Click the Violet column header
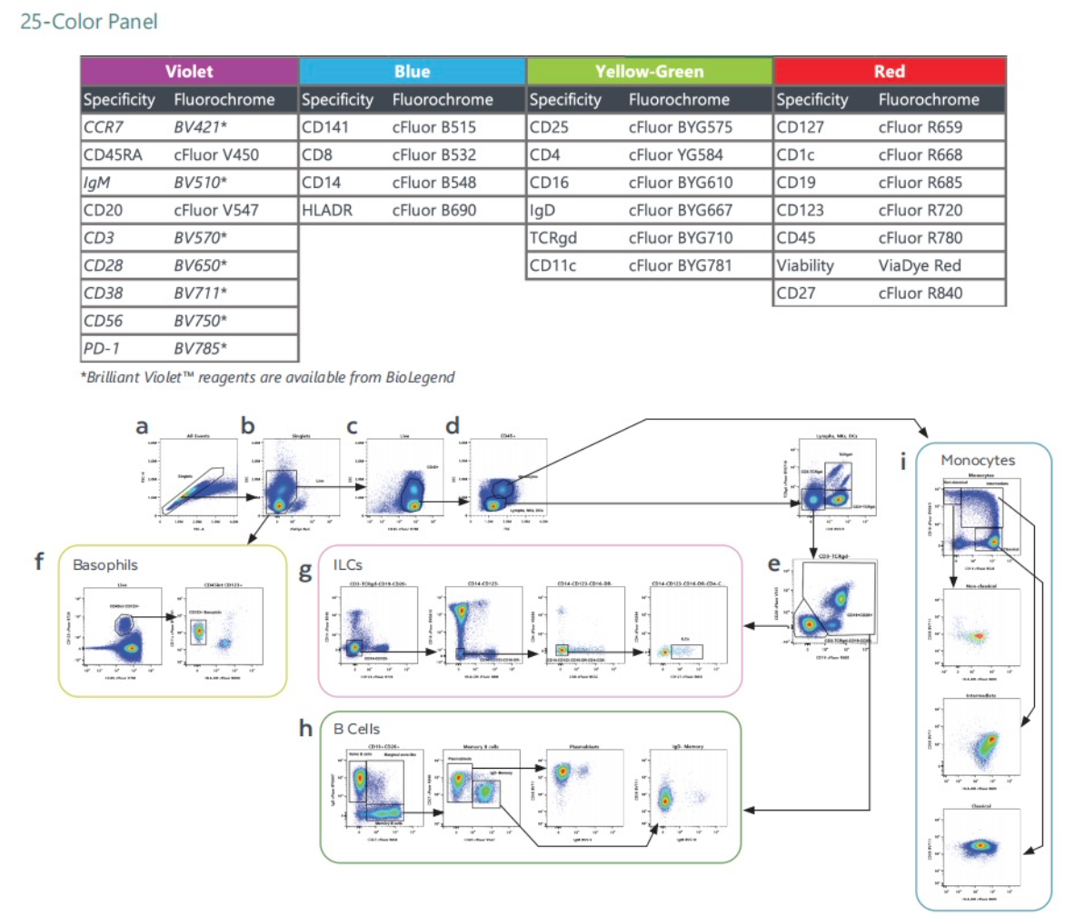click(189, 71)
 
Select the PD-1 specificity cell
click(100, 348)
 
